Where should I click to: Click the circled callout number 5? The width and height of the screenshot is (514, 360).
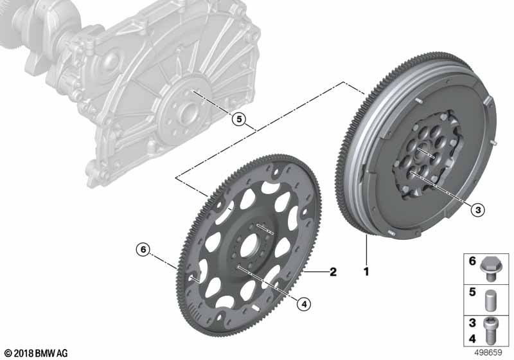239,120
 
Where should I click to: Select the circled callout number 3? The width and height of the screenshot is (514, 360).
477,210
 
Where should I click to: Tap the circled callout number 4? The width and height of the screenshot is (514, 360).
304,304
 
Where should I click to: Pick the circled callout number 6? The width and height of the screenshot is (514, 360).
143,249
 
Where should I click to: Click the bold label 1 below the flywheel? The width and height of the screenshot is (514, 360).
366,271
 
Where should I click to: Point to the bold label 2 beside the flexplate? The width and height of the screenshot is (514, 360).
333,271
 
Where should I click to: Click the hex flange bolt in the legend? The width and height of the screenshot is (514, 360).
489,269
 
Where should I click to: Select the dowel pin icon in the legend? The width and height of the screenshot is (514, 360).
490,300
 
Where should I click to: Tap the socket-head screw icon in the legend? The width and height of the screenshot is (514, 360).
490,331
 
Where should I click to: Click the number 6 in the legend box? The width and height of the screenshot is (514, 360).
472,261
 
